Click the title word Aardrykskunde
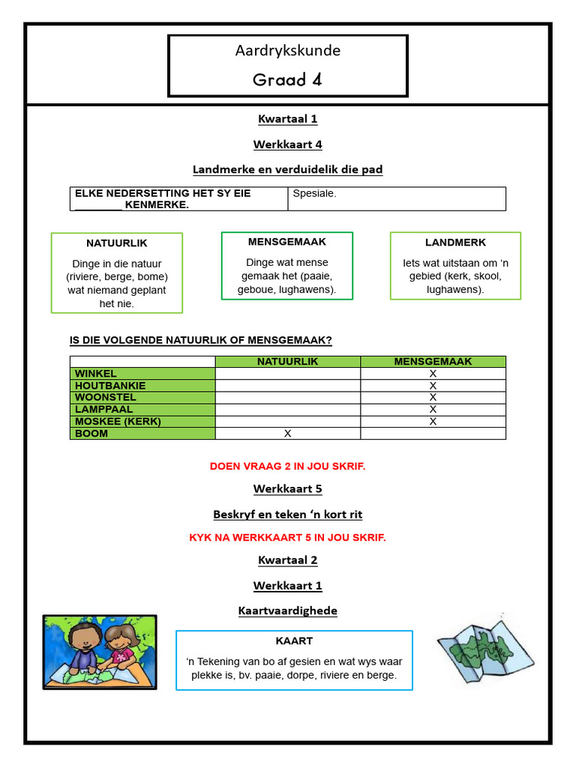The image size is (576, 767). (287, 51)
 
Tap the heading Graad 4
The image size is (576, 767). (287, 79)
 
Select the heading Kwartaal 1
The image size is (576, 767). (287, 118)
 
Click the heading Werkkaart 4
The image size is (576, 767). (287, 144)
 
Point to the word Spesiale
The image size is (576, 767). (314, 193)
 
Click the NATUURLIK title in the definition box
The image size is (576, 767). (116, 243)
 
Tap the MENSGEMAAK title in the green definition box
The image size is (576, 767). (287, 242)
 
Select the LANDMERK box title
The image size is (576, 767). (455, 243)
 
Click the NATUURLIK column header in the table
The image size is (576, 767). (287, 362)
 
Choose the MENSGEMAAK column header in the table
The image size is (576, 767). (433, 362)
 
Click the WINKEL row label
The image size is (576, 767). (96, 374)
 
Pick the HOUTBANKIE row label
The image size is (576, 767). (110, 386)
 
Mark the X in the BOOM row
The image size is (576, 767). (287, 434)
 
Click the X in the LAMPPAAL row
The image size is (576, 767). (433, 410)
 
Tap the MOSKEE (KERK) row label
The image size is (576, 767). (118, 422)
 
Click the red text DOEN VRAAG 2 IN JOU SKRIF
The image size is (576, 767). (287, 466)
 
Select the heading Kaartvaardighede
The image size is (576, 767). (287, 610)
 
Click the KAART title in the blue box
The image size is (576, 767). (294, 641)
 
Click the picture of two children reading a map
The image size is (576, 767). (100, 651)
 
